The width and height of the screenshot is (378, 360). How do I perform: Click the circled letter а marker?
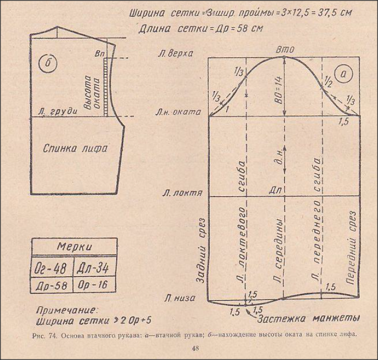[346, 76]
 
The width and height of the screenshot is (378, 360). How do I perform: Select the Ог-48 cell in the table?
[52, 268]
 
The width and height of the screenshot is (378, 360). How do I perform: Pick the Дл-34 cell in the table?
[95, 268]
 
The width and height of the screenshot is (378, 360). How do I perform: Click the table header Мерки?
[74, 247]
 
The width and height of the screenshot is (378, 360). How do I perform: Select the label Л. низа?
[180, 298]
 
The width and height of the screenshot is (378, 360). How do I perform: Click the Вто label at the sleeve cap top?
[284, 49]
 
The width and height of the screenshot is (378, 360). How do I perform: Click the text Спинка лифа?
[75, 148]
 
